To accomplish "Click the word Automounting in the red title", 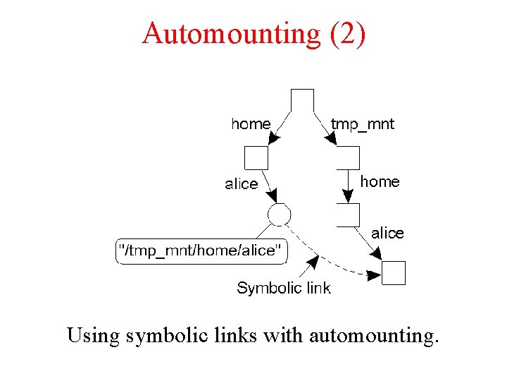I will coord(230,33).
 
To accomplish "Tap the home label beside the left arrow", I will coord(250,124).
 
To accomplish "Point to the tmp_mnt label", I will coord(363,124).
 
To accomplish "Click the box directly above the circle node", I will coord(256,157).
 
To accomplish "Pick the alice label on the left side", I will coord(241,184).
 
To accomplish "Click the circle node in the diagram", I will coord(279,214).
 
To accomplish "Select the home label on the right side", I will coord(380,182).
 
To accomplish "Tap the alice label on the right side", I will coord(387,233).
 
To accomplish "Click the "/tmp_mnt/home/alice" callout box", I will coord(201,250).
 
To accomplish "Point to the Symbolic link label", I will coord(283,288).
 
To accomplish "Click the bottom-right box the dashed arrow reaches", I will coord(394,272).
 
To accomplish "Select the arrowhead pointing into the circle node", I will coord(275,196).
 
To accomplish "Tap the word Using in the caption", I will coord(94,335).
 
